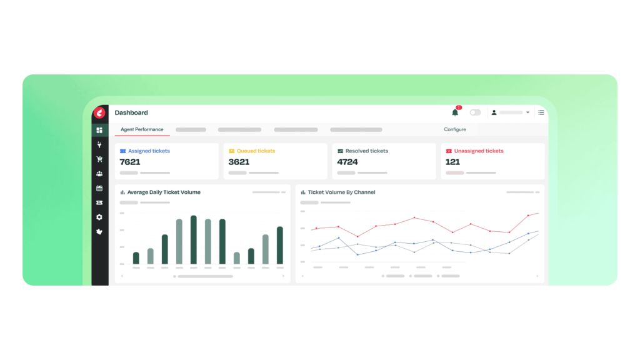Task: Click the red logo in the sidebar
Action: [99, 112]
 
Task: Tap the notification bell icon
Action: [455, 112]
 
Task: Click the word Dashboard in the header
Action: [131, 112]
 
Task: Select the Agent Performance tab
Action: [142, 129]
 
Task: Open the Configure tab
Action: [455, 129]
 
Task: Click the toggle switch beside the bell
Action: [475, 112]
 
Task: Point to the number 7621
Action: [130, 162]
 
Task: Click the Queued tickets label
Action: [256, 151]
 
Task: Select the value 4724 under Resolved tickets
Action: [347, 162]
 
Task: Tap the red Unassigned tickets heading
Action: [479, 151]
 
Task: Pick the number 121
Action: [452, 162]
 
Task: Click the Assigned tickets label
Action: [149, 151]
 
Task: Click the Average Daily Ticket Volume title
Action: [164, 192]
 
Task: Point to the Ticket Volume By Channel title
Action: [341, 192]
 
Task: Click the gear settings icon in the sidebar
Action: [99, 217]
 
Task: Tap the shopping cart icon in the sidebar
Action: [99, 159]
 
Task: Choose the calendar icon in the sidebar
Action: [99, 188]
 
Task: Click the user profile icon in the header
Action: [494, 112]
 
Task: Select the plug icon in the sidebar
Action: [99, 144]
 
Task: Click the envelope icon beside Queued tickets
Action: [232, 151]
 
